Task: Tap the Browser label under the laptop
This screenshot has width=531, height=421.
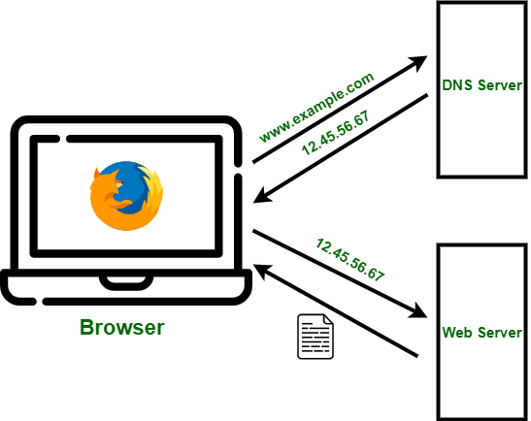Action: [121, 327]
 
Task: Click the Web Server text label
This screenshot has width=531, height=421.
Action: [482, 332]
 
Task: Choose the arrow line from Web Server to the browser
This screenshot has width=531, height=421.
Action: [340, 310]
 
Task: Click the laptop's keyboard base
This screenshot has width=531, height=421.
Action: [126, 287]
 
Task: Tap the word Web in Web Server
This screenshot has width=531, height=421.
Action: [456, 332]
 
